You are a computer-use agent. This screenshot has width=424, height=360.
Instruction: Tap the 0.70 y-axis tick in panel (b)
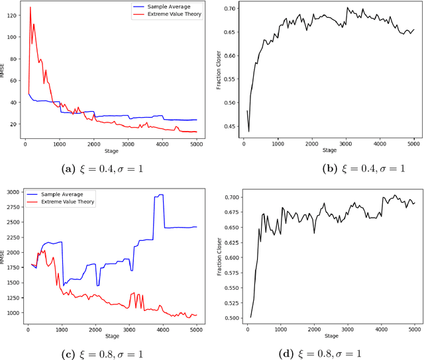228,8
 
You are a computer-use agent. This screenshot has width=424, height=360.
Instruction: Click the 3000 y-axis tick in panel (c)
12,192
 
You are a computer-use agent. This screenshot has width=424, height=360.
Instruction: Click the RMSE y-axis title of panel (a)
3,71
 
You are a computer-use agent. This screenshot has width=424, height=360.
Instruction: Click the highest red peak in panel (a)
30,8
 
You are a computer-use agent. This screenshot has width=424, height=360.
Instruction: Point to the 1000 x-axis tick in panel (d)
281,328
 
